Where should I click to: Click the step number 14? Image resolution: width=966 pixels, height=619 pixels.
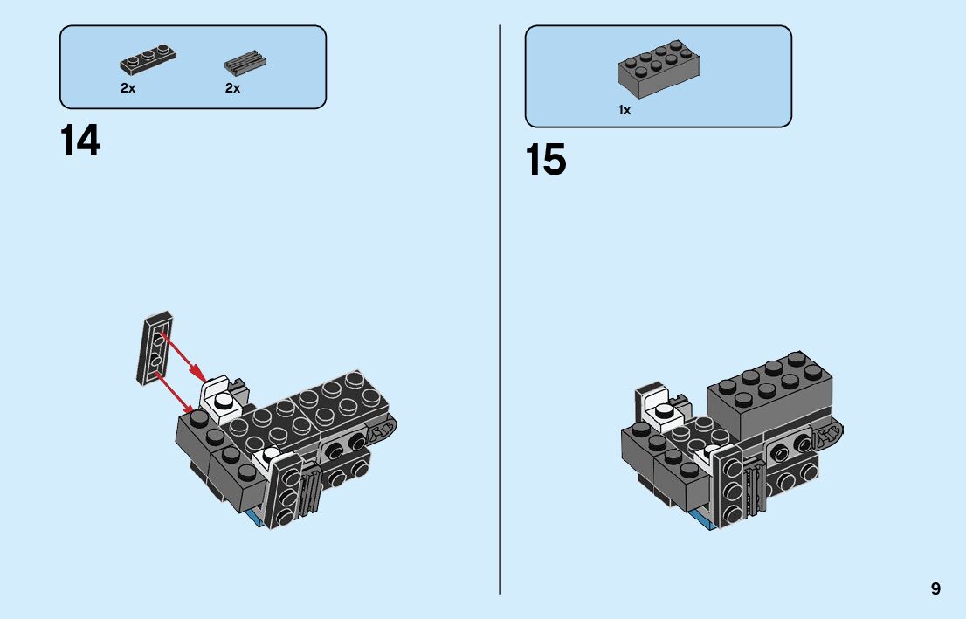pyautogui.click(x=80, y=141)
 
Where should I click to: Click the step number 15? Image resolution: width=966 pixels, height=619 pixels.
pyautogui.click(x=546, y=161)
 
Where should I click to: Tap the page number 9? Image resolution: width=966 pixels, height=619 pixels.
pyautogui.click(x=935, y=588)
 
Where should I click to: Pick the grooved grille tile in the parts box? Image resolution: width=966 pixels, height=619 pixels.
pyautogui.click(x=245, y=64)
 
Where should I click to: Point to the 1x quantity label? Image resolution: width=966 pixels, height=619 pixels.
pyautogui.click(x=624, y=110)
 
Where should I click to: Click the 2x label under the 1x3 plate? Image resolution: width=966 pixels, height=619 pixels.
pyautogui.click(x=128, y=88)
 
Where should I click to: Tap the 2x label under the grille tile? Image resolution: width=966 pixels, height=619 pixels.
pyautogui.click(x=232, y=88)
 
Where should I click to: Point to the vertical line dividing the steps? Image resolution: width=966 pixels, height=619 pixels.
pyautogui.click(x=500, y=306)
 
